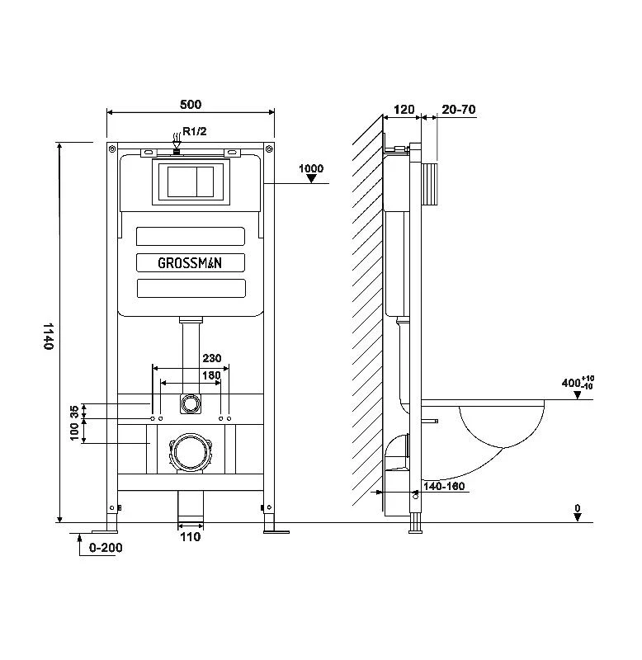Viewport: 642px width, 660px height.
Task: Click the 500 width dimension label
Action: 191,104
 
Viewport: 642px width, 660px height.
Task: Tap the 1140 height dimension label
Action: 49,336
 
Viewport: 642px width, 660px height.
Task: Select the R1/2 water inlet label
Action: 195,131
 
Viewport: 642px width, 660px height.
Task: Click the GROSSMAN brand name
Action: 190,263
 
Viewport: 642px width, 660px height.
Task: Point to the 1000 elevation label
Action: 311,168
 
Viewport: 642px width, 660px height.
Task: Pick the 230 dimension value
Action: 212,358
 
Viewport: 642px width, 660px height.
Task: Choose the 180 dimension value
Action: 211,375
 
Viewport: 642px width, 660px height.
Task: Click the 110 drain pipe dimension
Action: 191,537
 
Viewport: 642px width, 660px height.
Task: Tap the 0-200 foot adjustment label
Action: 106,548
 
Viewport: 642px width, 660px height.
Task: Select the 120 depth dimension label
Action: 404,110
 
